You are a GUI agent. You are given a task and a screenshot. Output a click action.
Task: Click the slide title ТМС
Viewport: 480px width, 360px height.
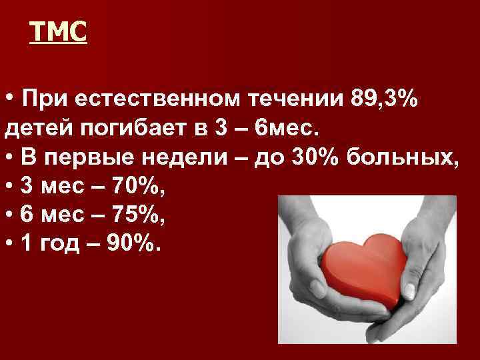59,31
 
